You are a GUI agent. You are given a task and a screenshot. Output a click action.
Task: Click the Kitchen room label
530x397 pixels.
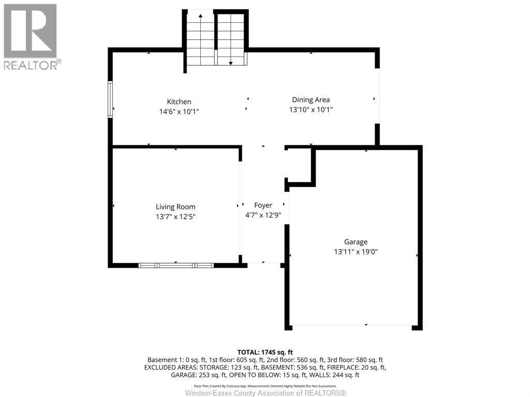[179, 102]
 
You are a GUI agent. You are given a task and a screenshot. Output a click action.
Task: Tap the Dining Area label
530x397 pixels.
[311, 100]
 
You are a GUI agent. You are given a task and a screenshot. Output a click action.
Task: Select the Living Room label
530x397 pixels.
[175, 207]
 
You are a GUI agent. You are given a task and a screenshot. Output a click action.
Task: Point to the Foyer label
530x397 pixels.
[263, 205]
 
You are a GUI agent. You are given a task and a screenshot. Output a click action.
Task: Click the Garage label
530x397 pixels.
[356, 242]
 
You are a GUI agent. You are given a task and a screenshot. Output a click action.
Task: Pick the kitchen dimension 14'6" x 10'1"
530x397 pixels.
[179, 111]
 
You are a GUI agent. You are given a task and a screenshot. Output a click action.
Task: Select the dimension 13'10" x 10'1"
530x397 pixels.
[311, 110]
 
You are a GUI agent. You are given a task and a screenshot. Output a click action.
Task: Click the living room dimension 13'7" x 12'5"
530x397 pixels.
[175, 217]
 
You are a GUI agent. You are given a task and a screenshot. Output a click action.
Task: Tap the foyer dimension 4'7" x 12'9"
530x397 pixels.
[263, 215]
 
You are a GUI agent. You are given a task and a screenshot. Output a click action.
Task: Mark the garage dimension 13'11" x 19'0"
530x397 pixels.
[359, 252]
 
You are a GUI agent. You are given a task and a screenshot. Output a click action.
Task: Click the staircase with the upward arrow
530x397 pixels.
[200, 39]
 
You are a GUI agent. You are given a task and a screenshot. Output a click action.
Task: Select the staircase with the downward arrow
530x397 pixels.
[230, 39]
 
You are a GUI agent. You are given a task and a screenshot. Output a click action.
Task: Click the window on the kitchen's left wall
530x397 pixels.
[110, 99]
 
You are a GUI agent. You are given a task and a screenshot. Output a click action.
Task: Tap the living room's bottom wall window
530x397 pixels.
[176, 265]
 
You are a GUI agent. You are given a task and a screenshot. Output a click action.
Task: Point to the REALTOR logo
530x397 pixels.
[31, 36]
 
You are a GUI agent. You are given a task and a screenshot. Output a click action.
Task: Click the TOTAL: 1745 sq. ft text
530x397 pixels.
[265, 351]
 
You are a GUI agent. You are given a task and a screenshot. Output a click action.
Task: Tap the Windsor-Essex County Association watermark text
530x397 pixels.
[265, 393]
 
